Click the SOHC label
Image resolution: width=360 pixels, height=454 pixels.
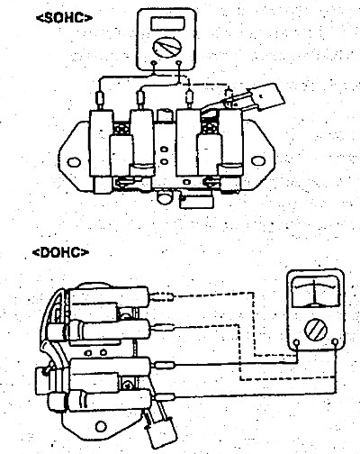tap(64, 18)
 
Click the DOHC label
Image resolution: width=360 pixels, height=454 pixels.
tap(60, 252)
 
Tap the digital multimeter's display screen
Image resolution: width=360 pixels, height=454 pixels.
tap(167, 23)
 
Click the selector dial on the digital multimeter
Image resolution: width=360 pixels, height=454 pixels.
tap(167, 48)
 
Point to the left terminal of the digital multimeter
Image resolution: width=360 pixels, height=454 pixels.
tap(154, 64)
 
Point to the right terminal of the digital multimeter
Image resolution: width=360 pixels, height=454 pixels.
tap(179, 63)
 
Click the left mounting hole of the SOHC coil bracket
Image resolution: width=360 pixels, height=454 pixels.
tap(74, 162)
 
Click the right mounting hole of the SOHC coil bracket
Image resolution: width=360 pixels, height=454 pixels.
tap(257, 161)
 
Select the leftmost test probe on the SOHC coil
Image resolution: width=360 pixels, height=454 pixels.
tap(100, 98)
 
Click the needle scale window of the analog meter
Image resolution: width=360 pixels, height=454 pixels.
tap(315, 293)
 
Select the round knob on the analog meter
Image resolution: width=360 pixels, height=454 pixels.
tap(316, 330)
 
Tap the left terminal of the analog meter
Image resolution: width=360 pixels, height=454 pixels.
tap(297, 342)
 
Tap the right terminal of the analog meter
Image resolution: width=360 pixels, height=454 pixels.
tap(336, 341)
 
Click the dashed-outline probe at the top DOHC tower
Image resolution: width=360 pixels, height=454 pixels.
tap(162, 296)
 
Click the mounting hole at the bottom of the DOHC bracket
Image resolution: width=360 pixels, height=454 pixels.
tap(101, 427)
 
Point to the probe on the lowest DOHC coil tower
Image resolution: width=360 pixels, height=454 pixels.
tap(165, 397)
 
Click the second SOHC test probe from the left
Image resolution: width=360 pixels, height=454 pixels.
tap(140, 98)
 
